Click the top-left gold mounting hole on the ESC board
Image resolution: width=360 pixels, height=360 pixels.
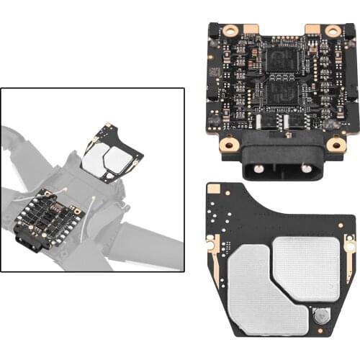230,32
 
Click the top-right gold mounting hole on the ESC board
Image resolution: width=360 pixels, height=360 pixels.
333,32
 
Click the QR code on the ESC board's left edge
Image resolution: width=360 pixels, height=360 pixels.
214,73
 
